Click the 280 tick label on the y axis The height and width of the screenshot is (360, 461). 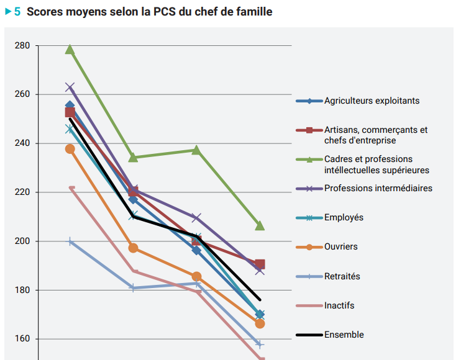pyautogui.click(x=22, y=46)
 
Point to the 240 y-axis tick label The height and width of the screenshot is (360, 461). pyautogui.click(x=22, y=143)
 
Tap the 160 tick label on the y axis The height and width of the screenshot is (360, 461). pyautogui.click(x=22, y=339)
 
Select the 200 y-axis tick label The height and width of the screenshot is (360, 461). pyautogui.click(x=22, y=241)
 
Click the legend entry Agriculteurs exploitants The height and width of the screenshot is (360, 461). pyautogui.click(x=372, y=101)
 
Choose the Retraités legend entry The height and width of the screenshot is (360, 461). pyautogui.click(x=342, y=276)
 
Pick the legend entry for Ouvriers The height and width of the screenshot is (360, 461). pyautogui.click(x=340, y=247)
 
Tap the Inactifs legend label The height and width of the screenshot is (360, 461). pyautogui.click(x=339, y=305)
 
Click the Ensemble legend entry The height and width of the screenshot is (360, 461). pyautogui.click(x=344, y=335)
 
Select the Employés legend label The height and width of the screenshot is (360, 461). pyautogui.click(x=344, y=217)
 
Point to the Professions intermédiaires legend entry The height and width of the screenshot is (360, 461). pyautogui.click(x=378, y=188)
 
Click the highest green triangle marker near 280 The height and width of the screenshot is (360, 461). pyautogui.click(x=70, y=49)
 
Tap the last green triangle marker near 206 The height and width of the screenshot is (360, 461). pyautogui.click(x=260, y=225)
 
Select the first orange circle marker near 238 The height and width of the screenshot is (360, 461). pyautogui.click(x=70, y=149)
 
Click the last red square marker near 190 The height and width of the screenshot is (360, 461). pyautogui.click(x=260, y=264)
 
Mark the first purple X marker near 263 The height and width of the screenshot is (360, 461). pyautogui.click(x=70, y=88)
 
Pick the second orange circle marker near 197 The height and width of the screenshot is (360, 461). pyautogui.click(x=133, y=248)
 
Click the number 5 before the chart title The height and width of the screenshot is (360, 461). pyautogui.click(x=17, y=12)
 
